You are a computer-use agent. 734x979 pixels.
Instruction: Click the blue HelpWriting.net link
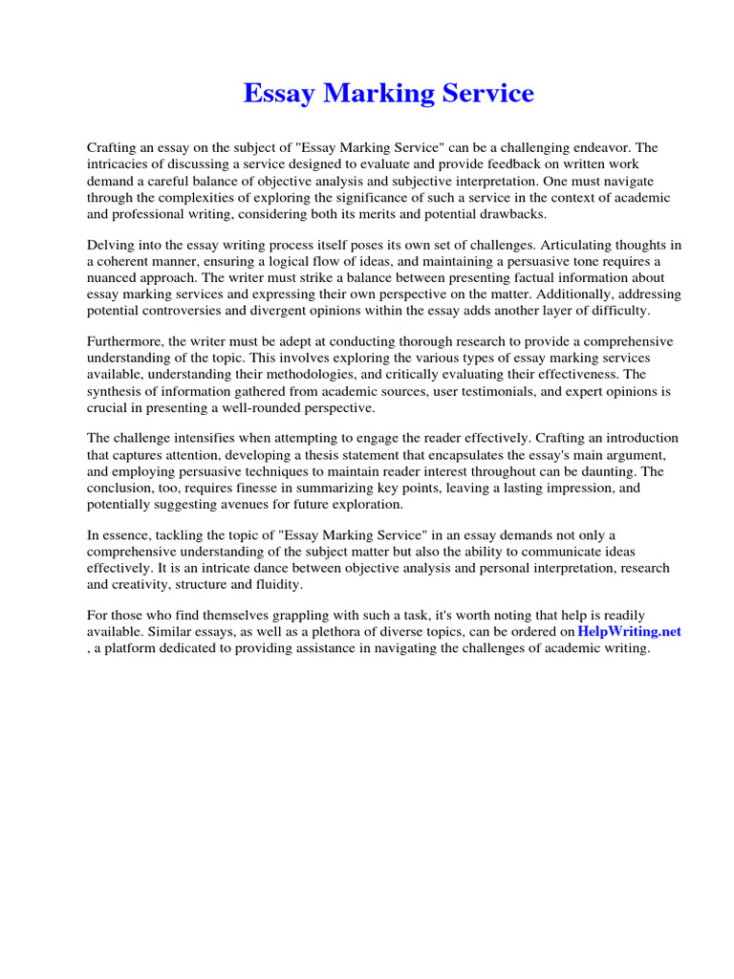629,632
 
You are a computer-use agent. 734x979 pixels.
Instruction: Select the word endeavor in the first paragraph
602,148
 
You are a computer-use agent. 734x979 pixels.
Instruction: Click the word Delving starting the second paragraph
112,246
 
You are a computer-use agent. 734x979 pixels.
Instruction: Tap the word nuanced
115,278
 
